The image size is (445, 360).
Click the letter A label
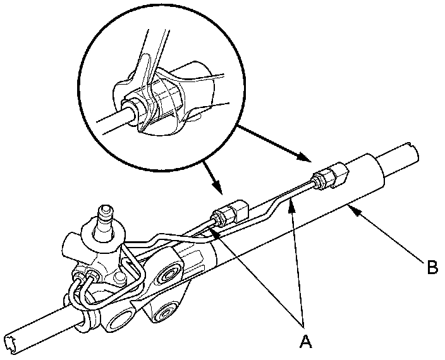(305, 342)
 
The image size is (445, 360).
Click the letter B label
(432, 268)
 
